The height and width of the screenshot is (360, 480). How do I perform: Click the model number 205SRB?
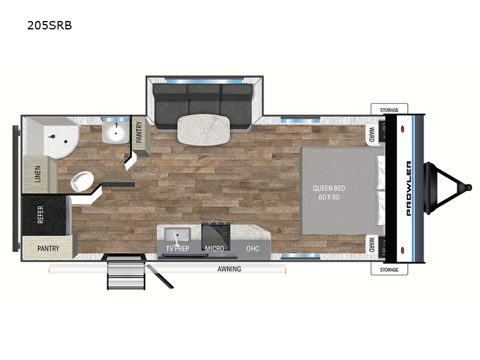pyautogui.click(x=50, y=25)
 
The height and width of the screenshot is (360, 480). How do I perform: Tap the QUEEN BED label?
pyautogui.click(x=329, y=188)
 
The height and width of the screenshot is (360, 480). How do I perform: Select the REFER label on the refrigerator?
pyautogui.click(x=40, y=214)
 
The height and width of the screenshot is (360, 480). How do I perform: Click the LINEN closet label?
pyautogui.click(x=38, y=174)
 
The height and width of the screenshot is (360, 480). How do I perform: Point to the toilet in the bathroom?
pyautogui.click(x=82, y=181)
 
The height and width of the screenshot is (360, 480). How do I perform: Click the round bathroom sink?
pyautogui.click(x=115, y=133)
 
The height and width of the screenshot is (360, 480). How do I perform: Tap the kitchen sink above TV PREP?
pyautogui.click(x=178, y=234)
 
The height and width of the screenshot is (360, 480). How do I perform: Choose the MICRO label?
pyautogui.click(x=214, y=248)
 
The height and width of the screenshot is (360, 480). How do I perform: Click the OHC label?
pyautogui.click(x=253, y=248)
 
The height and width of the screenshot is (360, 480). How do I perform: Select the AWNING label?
pyautogui.click(x=229, y=269)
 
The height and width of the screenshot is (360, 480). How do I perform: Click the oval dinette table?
pyautogui.click(x=203, y=130)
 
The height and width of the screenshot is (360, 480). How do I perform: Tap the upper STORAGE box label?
pyautogui.click(x=389, y=110)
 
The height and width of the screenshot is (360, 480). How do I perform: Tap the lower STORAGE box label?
pyautogui.click(x=389, y=269)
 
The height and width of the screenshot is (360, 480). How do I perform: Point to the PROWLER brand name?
pyautogui.click(x=409, y=188)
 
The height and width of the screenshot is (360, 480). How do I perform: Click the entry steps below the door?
pyautogui.click(x=126, y=274)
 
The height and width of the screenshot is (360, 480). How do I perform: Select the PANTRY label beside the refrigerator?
pyautogui.click(x=49, y=248)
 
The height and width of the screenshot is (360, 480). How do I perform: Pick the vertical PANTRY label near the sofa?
pyautogui.click(x=139, y=132)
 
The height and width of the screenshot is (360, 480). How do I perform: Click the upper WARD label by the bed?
pyautogui.click(x=371, y=134)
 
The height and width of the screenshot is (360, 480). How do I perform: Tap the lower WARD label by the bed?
pyautogui.click(x=371, y=244)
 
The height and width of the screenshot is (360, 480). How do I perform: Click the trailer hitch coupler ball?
pyautogui.click(x=468, y=187)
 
